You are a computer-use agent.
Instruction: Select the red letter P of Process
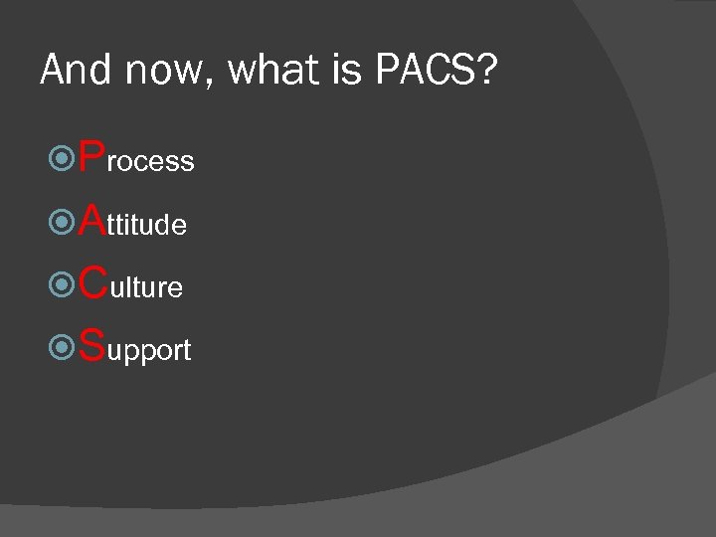pyautogui.click(x=91, y=156)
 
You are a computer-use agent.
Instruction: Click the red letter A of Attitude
pyautogui.click(x=92, y=220)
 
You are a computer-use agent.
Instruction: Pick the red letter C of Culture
pyautogui.click(x=93, y=282)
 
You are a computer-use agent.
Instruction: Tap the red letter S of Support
pyautogui.click(x=91, y=345)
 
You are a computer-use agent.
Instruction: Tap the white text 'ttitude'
pyautogui.click(x=147, y=226)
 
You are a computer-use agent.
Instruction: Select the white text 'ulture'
pyautogui.click(x=146, y=288)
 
